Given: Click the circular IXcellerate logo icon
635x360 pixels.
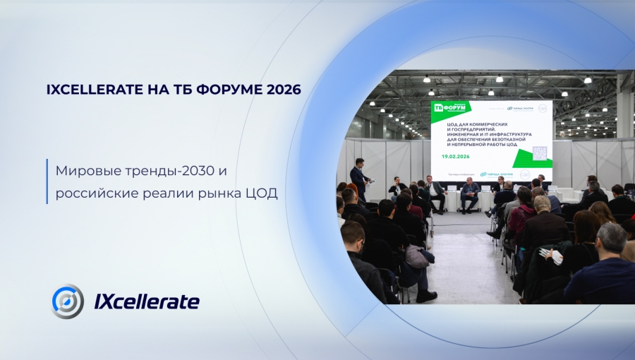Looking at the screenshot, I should [68, 301].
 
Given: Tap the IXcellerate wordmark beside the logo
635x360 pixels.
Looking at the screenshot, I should [147, 302].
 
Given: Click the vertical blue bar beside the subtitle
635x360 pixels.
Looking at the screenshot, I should [48, 181].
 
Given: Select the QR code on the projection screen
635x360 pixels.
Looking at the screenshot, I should [540, 153].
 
